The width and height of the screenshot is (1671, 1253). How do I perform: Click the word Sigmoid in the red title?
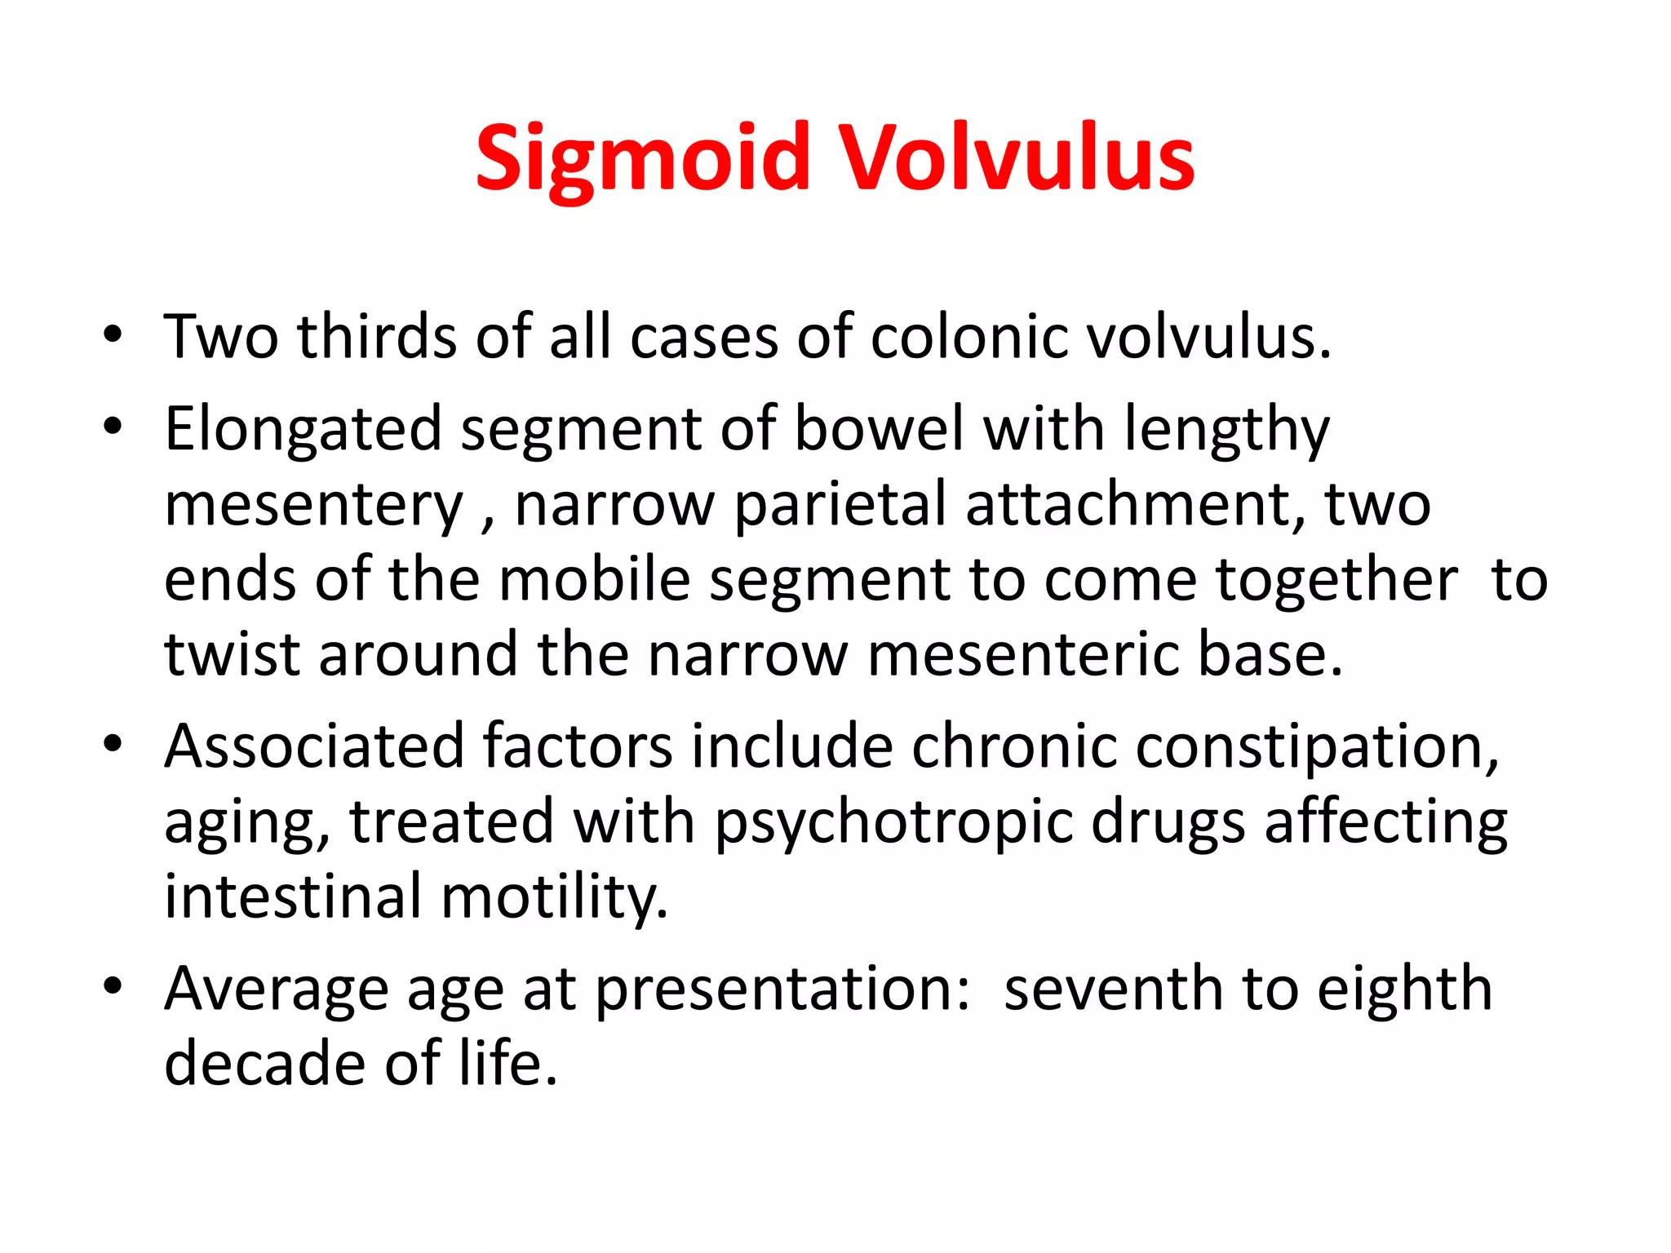pos(643,159)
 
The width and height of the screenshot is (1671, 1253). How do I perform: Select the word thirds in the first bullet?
pos(376,336)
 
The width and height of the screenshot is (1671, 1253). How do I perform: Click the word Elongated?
pos(303,429)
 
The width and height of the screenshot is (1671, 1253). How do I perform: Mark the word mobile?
pos(595,579)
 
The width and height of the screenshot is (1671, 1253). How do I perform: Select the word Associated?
pos(313,746)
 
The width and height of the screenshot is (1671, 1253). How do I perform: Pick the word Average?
pos(276,989)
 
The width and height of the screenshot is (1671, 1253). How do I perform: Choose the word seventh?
pos(1113,989)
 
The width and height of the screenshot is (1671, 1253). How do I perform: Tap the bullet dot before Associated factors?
pos(113,743)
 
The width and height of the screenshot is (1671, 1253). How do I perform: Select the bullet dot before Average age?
pos(113,986)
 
